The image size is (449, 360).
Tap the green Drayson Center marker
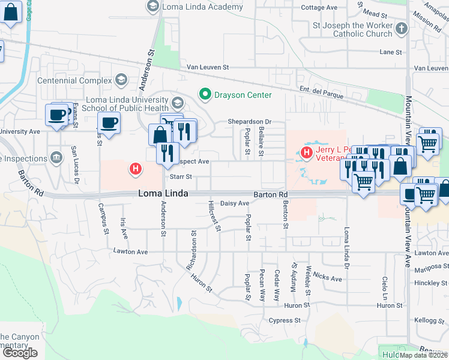point(205,95)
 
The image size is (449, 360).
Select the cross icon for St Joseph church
point(402,28)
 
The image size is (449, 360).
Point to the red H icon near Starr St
point(136,170)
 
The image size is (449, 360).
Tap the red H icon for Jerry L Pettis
point(307,153)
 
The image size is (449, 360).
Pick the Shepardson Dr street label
point(249,122)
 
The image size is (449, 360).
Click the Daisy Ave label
point(235,204)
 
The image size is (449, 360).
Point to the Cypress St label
point(285,320)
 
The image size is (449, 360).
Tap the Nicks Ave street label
point(327,278)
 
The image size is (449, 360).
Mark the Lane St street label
point(391,53)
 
